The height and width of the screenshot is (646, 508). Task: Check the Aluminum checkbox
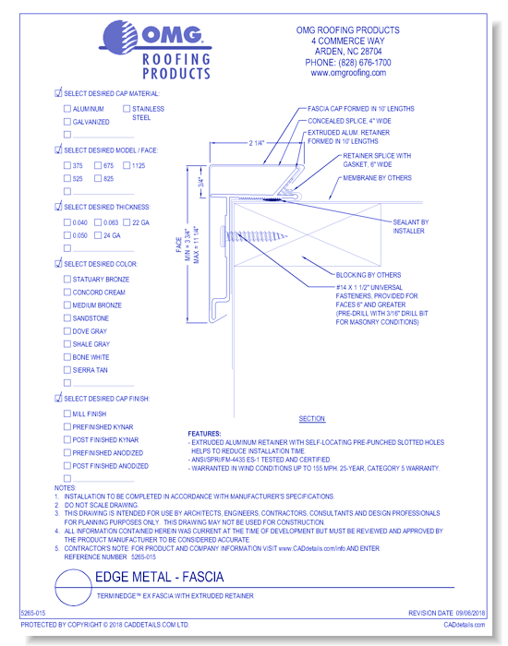pyautogui.click(x=67, y=108)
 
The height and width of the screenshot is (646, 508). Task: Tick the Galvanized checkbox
pyautogui.click(x=67, y=121)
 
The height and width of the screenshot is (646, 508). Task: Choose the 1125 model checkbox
pyautogui.click(x=126, y=165)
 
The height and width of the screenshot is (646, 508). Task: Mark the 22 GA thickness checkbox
pyautogui.click(x=126, y=222)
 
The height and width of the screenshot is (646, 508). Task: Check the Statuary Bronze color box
pyautogui.click(x=67, y=280)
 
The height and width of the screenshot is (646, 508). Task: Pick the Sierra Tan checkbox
pyautogui.click(x=67, y=370)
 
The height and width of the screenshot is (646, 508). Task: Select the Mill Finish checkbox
pyautogui.click(x=67, y=414)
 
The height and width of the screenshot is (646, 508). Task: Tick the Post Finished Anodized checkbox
pyautogui.click(x=67, y=466)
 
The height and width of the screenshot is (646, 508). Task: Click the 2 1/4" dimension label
pyautogui.click(x=257, y=143)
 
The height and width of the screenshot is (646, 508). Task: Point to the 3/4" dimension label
pyautogui.click(x=200, y=183)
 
